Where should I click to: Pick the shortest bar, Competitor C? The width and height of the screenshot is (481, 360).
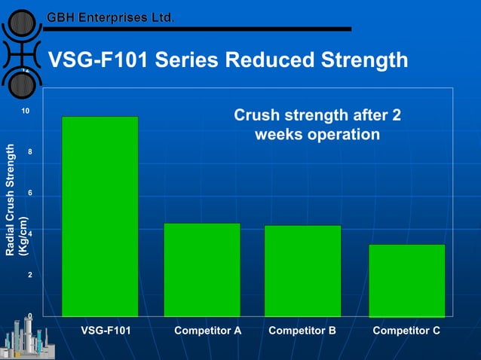tap(407, 280)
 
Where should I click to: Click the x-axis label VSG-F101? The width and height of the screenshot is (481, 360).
tap(105, 331)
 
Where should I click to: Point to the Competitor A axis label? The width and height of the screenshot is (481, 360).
tap(207, 331)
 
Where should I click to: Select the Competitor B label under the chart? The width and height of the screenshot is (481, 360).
tap(302, 331)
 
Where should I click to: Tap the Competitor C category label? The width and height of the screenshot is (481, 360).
tap(406, 331)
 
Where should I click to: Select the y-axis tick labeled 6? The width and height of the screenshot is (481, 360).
tap(28, 194)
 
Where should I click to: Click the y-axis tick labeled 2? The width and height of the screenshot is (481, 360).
tap(28, 276)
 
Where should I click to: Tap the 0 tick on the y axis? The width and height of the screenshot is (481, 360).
tap(28, 316)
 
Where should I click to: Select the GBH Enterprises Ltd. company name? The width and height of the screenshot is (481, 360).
tap(110, 17)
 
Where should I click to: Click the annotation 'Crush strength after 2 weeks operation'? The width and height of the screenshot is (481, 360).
tap(317, 125)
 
